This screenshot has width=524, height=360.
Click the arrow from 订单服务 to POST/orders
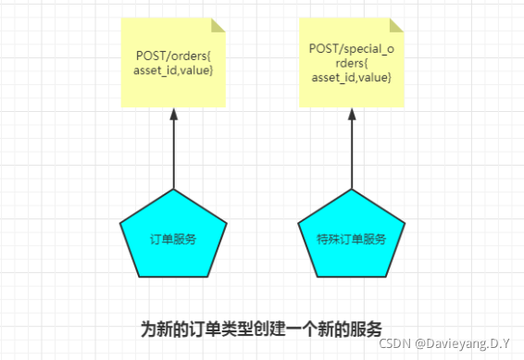pos(173,153)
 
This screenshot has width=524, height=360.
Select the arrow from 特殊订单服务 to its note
pos(352,153)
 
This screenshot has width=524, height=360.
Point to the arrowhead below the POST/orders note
pos(173,115)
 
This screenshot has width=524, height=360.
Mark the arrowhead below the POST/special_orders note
pos(352,115)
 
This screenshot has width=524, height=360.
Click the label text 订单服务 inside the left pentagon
pos(173,239)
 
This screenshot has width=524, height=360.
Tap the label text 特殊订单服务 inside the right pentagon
pos(352,239)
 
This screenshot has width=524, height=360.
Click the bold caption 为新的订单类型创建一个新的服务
pos(261,329)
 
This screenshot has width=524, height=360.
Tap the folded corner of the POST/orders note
pos(218,22)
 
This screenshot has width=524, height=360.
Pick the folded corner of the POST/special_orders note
pos(396,22)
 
